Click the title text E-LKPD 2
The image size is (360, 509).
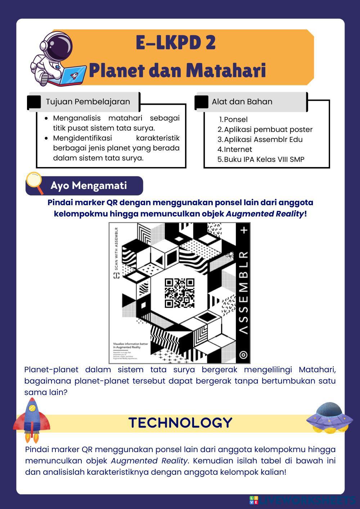(176, 43)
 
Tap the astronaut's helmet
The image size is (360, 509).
(58, 47)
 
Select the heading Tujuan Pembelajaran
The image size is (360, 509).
(88, 102)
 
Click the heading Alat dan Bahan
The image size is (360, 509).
(242, 102)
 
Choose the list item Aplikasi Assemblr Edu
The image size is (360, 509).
(263, 140)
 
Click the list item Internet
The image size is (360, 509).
(238, 149)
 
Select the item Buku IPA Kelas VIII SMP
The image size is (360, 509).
(264, 159)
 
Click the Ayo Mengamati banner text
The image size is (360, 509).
(89, 186)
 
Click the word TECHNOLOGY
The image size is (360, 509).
(180, 423)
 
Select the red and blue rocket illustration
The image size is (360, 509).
(32, 419)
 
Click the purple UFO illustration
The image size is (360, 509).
(329, 417)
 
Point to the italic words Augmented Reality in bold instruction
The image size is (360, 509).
(265, 214)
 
